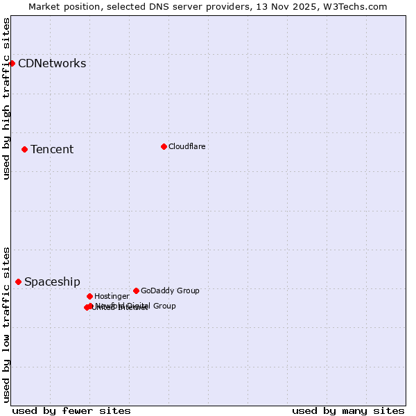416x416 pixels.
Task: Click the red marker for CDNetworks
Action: (12, 63)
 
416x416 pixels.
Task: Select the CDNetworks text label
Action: (52, 64)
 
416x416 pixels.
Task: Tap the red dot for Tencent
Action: (24, 149)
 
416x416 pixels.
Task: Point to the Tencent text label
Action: (52, 150)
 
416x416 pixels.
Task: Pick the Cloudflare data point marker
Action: (164, 146)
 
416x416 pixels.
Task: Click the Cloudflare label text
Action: (187, 146)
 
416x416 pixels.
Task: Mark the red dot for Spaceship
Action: (18, 281)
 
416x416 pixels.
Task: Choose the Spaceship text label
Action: (52, 282)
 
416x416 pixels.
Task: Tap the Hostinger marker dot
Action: (89, 296)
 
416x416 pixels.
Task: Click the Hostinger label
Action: (112, 296)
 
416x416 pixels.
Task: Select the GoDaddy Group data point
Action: (136, 291)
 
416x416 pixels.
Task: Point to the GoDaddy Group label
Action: (170, 291)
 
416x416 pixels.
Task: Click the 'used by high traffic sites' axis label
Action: (6, 98)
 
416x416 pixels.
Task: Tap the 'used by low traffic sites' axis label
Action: (6, 324)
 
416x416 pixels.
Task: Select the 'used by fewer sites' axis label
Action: (71, 410)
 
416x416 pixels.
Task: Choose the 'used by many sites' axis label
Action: (348, 410)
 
